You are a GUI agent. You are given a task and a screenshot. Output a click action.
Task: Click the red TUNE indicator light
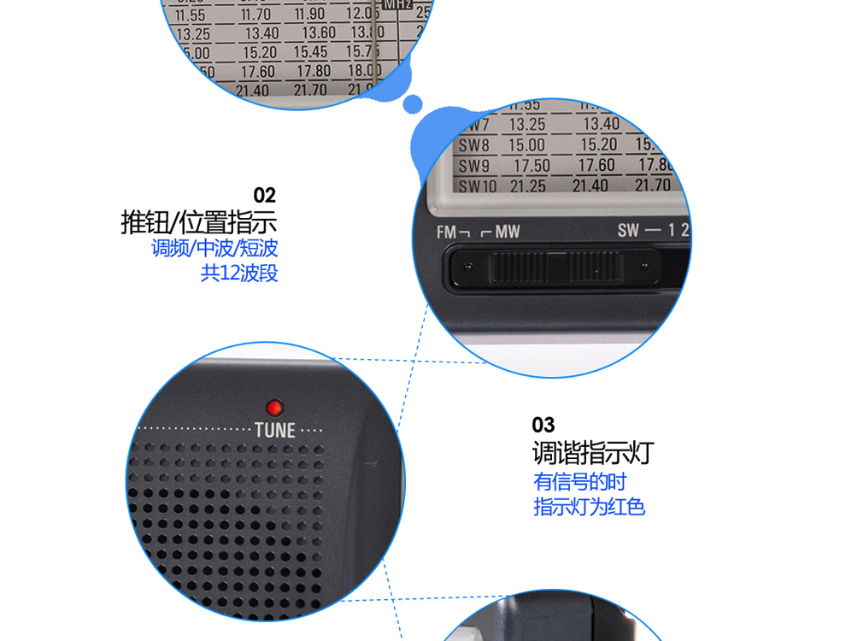(274, 407)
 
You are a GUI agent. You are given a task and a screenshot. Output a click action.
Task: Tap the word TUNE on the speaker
(274, 429)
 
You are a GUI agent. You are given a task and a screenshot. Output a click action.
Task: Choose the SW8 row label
(474, 145)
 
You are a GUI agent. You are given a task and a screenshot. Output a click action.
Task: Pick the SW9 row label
(474, 166)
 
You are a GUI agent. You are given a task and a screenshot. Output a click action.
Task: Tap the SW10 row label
(478, 186)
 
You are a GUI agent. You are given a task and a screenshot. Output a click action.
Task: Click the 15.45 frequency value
(311, 52)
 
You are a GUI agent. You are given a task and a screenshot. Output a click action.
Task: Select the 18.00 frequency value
(365, 70)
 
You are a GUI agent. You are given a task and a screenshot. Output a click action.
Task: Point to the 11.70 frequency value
(255, 15)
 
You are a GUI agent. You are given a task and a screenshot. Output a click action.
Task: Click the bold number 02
(265, 196)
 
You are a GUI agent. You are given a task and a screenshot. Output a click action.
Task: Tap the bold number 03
(543, 425)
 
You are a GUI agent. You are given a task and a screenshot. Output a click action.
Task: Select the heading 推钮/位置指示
(199, 223)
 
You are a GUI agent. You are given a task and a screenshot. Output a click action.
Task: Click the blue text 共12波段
(239, 273)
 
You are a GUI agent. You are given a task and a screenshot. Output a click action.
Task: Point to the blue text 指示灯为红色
(589, 507)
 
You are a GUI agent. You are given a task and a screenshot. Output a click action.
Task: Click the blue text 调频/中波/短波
(214, 249)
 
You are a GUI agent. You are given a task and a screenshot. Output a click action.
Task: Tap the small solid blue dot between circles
(413, 103)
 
